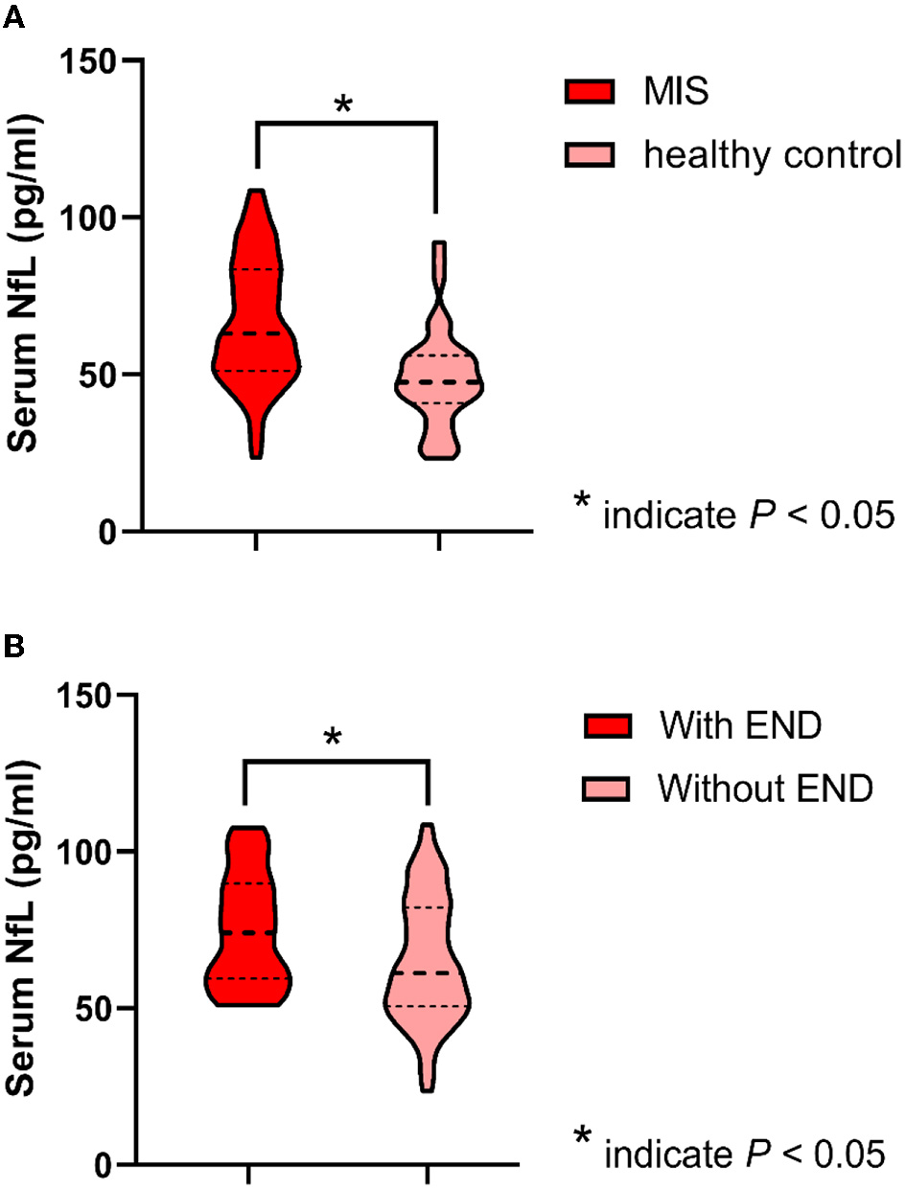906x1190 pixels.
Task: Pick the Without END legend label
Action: tap(765, 788)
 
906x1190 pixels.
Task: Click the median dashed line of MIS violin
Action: tap(256, 333)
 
